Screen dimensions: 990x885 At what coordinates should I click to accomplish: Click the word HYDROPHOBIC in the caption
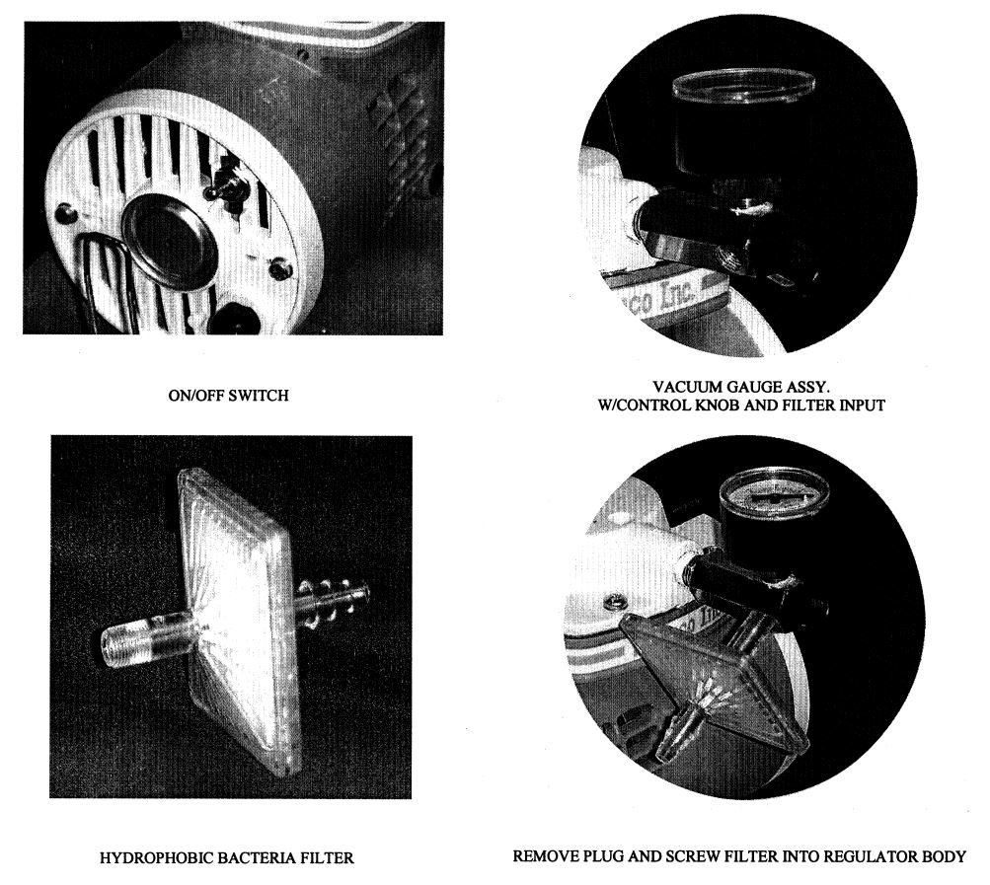tap(158, 857)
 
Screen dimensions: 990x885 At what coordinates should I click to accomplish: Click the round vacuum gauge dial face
tap(773, 497)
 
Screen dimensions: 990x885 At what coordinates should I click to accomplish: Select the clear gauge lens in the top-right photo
tap(744, 88)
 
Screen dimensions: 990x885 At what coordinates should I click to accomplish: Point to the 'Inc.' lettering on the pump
tap(678, 292)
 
